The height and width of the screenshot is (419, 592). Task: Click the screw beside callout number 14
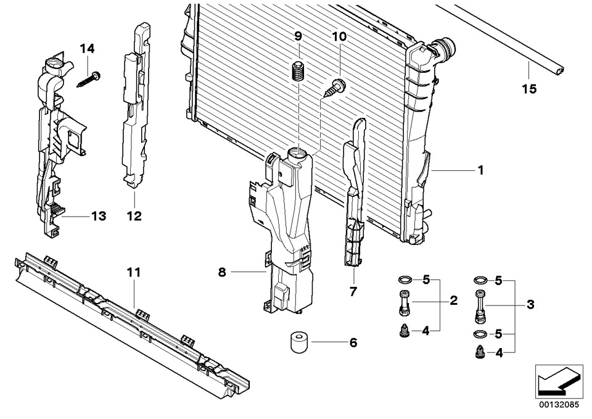(x=89, y=80)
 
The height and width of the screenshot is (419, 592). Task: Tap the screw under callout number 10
(x=334, y=88)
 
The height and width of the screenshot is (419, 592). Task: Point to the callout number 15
(x=529, y=89)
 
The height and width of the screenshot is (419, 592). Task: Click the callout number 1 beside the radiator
(x=480, y=170)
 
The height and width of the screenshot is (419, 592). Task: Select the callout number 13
(x=98, y=216)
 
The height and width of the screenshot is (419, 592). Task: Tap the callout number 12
(x=134, y=216)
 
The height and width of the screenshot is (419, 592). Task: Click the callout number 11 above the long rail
(x=134, y=272)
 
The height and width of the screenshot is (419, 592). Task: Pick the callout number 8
(x=222, y=272)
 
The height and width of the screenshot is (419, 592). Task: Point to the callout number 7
(x=353, y=292)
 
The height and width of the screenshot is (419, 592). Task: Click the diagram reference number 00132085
(x=559, y=405)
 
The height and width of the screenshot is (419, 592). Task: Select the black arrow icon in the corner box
(x=558, y=381)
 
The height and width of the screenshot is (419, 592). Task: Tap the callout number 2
(x=453, y=301)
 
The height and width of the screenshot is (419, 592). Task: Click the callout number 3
(x=530, y=304)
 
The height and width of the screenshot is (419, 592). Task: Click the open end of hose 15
(x=559, y=70)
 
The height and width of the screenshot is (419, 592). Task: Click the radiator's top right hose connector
(x=445, y=48)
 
